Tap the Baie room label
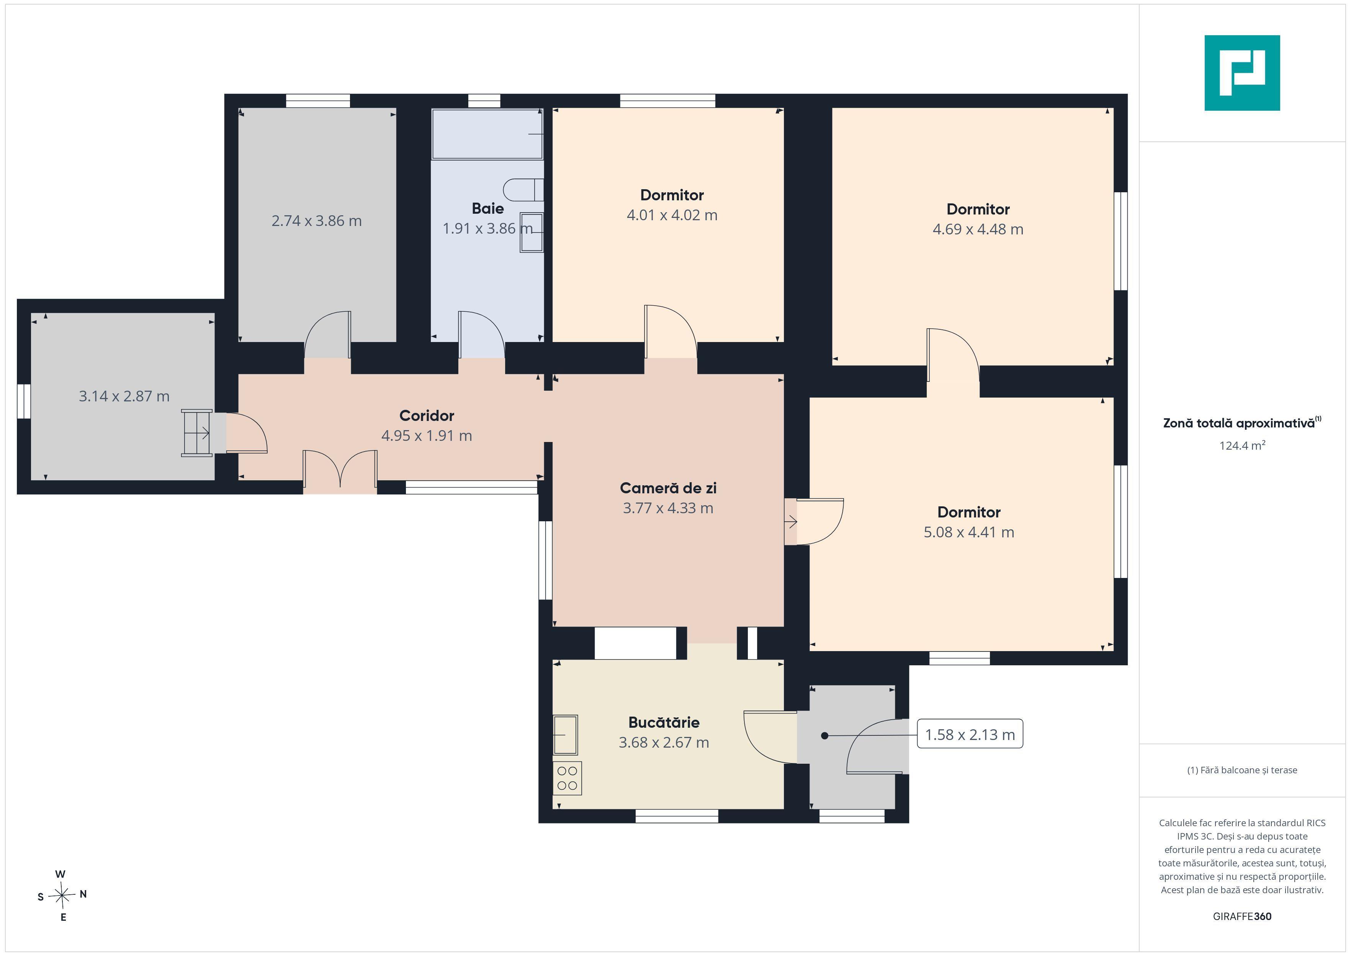coord(488,208)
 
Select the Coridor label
coord(427,416)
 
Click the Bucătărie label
coord(664,722)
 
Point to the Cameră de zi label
coord(668,488)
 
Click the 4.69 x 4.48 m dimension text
coord(978,229)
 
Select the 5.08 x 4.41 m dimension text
coord(968,532)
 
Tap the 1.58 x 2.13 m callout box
coord(970,734)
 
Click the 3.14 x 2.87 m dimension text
coord(124,396)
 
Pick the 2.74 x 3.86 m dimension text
coord(317,221)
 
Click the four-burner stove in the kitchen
coord(567,778)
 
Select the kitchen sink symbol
coord(565,735)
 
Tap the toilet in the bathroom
coord(523,190)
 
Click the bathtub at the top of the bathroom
coord(487,134)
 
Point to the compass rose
coord(62,896)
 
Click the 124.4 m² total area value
coord(1242,445)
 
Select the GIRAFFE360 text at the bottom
coord(1242,917)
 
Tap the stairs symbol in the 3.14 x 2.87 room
coord(196,433)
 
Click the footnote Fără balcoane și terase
coord(1242,770)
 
